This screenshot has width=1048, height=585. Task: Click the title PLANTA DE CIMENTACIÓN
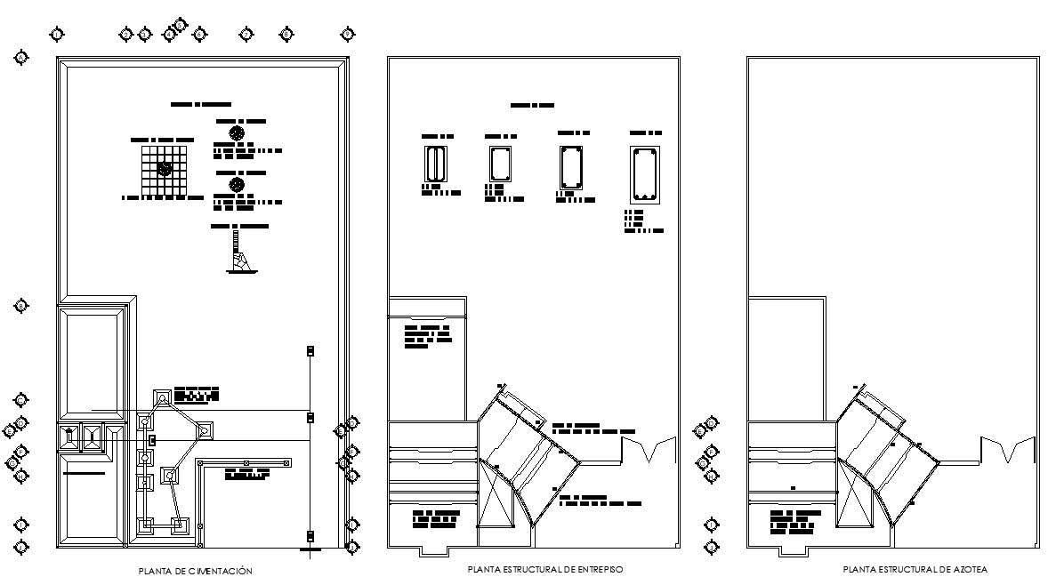coord(196,571)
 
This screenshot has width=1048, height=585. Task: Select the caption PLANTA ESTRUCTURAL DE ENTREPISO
coord(544,569)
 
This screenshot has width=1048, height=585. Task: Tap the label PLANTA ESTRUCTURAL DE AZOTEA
coord(915,569)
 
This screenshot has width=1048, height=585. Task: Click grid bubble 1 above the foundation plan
coord(58,35)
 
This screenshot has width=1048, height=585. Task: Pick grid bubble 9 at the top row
coord(348,35)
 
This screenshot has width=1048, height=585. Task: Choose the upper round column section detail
coord(237,132)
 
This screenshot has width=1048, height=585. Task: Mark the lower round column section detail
coord(237,184)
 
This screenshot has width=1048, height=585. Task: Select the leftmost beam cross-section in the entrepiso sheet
coord(435,164)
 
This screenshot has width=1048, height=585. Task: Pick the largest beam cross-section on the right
coord(643,174)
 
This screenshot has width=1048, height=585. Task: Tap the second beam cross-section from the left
coord(498,164)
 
